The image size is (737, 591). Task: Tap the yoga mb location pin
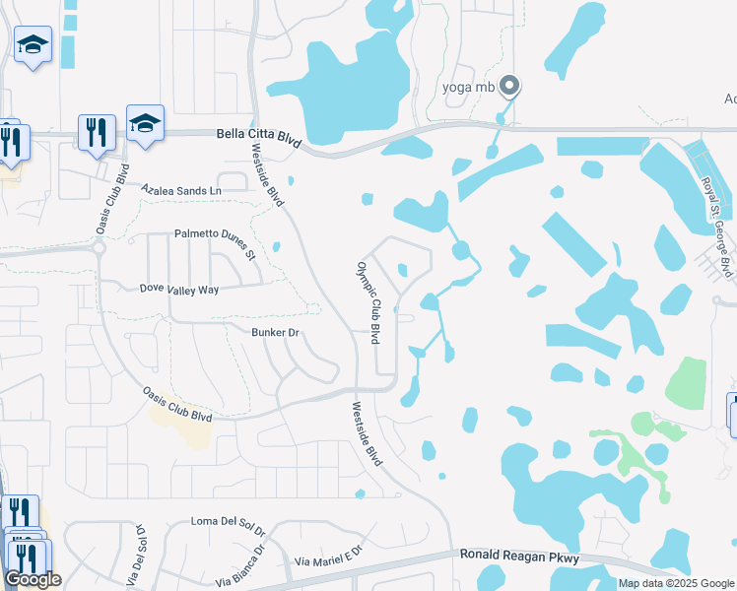(509, 87)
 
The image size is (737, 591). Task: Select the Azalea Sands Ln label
(181, 188)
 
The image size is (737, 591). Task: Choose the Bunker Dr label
(274, 333)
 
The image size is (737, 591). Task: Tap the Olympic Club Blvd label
(368, 302)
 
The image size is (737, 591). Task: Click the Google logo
(33, 579)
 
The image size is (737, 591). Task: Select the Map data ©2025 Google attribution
(677, 583)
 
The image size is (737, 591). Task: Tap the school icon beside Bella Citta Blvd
(145, 123)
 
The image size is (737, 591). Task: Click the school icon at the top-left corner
(33, 44)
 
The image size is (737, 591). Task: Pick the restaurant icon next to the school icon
(97, 132)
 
